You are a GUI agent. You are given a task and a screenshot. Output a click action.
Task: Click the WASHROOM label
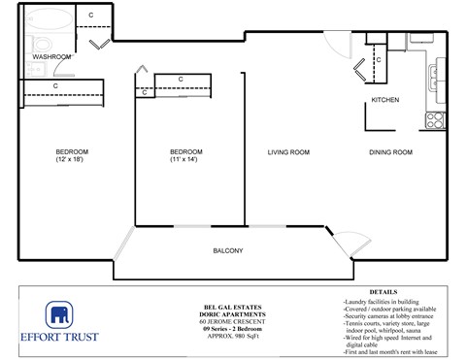coord(51,57)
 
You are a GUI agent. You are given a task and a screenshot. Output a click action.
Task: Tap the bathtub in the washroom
coord(46,18)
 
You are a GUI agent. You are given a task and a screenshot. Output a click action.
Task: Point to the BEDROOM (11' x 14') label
coord(185,156)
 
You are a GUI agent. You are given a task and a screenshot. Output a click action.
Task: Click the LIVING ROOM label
coord(288,152)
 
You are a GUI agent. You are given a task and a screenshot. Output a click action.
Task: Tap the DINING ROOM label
coord(390,152)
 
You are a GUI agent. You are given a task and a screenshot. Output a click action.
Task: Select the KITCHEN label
coord(387,101)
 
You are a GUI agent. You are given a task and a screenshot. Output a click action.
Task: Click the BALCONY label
coord(227,251)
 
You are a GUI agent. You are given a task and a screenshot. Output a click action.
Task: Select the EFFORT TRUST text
coord(60,341)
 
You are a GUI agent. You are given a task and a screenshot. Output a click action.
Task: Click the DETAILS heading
coord(384,291)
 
